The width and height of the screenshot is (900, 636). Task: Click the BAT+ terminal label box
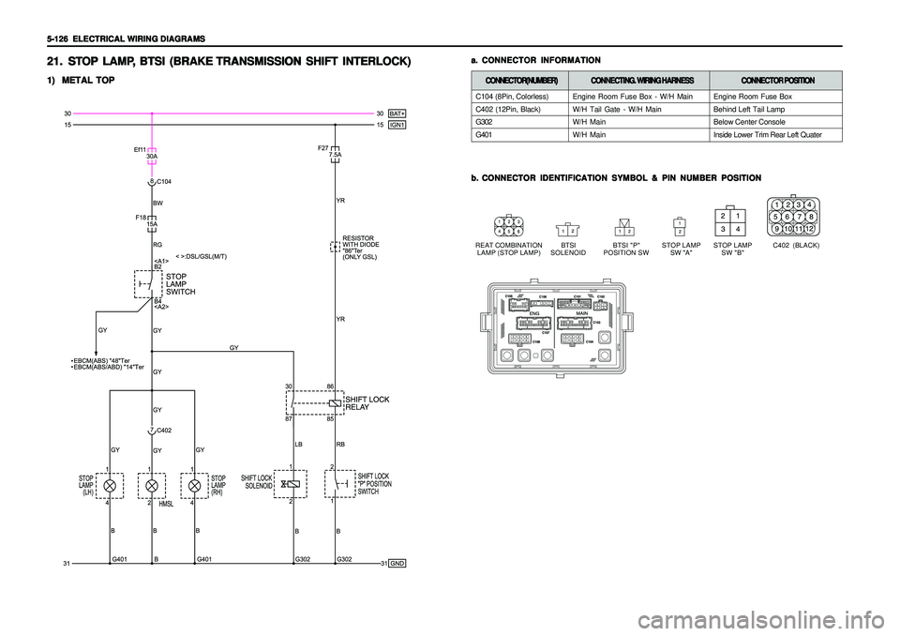[x=397, y=112]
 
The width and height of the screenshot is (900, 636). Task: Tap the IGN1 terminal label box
[x=397, y=123]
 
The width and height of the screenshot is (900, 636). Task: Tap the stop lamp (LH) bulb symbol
[x=110, y=486]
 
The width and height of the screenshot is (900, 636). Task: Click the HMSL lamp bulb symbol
[x=152, y=486]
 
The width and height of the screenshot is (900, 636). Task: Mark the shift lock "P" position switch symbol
[x=337, y=485]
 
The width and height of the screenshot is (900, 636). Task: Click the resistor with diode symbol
[x=334, y=248]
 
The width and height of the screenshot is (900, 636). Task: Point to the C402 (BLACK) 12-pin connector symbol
[x=792, y=217]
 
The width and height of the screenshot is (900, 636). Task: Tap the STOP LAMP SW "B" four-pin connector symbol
[x=729, y=220]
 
